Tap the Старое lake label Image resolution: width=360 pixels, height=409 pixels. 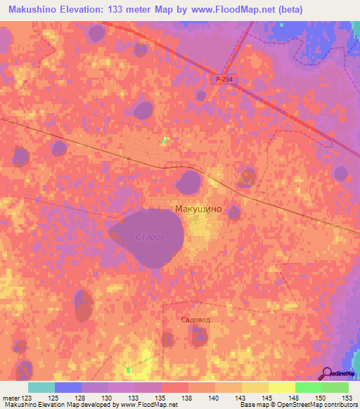(150, 238)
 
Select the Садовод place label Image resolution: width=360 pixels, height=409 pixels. (195, 318)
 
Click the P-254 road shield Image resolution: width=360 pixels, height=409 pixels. (224, 80)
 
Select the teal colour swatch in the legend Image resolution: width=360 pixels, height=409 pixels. (41, 387)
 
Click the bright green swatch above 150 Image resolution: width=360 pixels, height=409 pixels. (308, 387)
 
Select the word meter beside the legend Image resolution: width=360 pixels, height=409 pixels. (10, 397)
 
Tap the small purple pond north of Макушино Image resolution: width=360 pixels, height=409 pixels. (188, 182)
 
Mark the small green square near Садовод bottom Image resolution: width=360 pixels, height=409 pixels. (129, 370)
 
